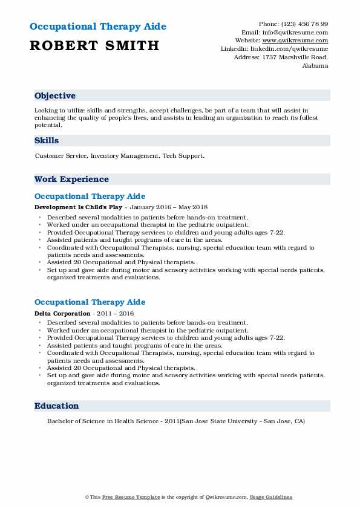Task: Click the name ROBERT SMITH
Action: click(94, 45)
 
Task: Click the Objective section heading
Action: click(55, 96)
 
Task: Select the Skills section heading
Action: click(47, 140)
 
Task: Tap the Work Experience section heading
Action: click(71, 179)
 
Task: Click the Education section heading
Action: click(57, 406)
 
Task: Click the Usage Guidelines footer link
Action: click(272, 497)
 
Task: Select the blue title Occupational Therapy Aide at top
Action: click(97, 27)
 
